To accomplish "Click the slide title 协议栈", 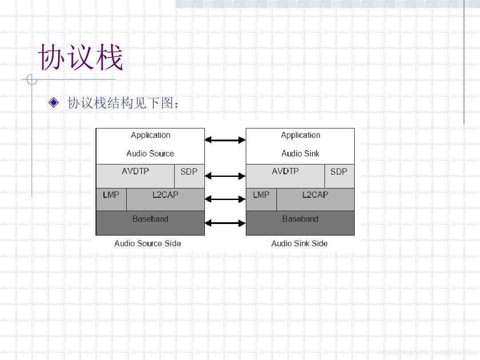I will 80,58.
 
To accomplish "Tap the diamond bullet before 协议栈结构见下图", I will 54,103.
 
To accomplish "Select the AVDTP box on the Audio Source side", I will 135,176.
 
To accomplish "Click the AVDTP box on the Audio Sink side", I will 285,176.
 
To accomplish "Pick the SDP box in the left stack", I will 189,176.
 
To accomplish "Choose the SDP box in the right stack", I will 339,176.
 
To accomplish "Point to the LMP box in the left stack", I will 111,199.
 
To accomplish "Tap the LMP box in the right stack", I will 261,199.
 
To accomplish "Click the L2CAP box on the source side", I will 165,199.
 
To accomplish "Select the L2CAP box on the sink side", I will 315,199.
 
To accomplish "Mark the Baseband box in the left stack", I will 150,223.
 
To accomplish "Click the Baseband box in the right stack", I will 300,223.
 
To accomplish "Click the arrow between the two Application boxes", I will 225,140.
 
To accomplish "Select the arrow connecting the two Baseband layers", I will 225,223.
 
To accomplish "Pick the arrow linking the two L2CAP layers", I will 225,199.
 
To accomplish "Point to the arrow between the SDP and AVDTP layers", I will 225,176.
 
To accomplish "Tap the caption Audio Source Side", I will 148,244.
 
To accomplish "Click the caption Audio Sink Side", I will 300,244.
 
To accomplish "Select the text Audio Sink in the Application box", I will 300,154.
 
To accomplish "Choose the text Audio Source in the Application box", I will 150,154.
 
